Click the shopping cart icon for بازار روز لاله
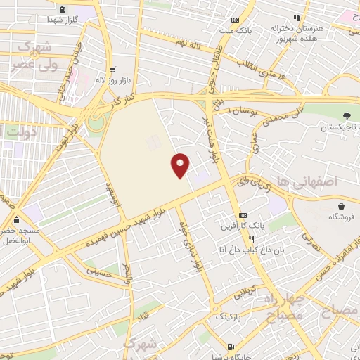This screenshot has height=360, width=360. click(112, 70)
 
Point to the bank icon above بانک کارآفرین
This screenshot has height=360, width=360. click(243, 214)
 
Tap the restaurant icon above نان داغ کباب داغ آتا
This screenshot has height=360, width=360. click(243, 239)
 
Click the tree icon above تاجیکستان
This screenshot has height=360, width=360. click(345, 116)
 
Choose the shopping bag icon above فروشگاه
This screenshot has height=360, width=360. click(342, 206)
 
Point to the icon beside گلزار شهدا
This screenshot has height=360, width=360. click(63, 9)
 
